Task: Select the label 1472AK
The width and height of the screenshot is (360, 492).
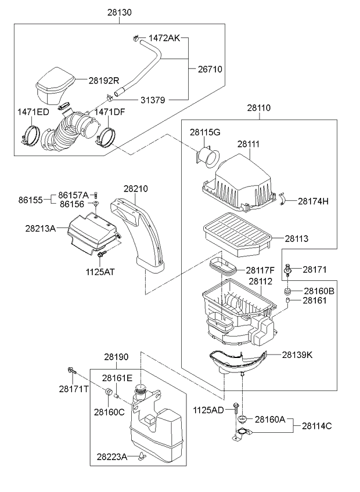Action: click(x=164, y=38)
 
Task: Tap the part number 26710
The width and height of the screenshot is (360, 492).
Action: click(x=210, y=69)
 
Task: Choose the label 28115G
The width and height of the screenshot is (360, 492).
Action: click(x=205, y=133)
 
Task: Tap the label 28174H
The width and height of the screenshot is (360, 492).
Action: click(x=314, y=201)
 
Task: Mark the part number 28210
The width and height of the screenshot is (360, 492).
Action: click(x=135, y=189)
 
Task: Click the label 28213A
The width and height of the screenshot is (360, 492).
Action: click(x=40, y=229)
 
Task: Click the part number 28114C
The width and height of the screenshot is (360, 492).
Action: click(x=316, y=426)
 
